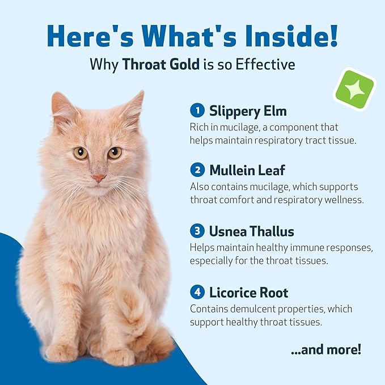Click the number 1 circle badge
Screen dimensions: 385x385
tap(197, 109)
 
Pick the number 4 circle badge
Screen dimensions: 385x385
tap(197, 293)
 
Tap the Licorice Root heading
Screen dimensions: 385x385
tap(248, 293)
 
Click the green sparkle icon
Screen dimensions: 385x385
tap(354, 88)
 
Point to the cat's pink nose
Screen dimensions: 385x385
tap(99, 177)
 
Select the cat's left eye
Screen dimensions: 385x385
tap(80, 153)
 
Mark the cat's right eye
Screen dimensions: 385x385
tap(115, 152)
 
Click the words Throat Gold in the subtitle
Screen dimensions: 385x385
tap(160, 64)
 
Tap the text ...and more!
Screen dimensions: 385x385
tap(325, 349)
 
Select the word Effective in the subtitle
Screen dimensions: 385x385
tap(265, 64)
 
